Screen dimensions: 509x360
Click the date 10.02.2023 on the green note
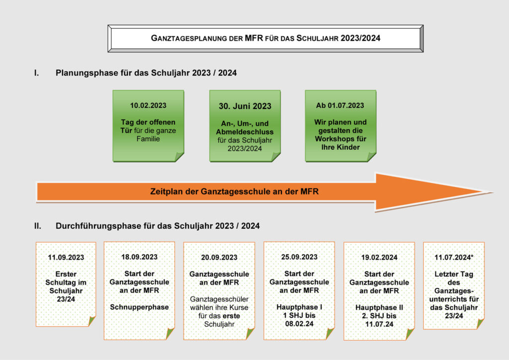[x=148, y=105]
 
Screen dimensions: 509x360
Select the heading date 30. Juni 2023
[x=245, y=106]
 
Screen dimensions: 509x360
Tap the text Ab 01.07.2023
[x=340, y=105]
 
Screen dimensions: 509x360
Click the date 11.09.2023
[x=66, y=258]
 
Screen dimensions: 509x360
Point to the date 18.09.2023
[x=139, y=257]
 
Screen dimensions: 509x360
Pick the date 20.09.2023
[x=219, y=258]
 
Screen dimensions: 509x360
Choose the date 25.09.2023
[x=299, y=257]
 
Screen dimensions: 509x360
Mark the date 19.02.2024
[x=379, y=258]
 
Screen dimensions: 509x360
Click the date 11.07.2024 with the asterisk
[x=454, y=258]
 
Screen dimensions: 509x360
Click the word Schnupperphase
[x=139, y=307]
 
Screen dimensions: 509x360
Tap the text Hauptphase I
[x=299, y=307]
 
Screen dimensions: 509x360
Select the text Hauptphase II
[x=379, y=307]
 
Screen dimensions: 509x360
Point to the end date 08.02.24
[x=299, y=324]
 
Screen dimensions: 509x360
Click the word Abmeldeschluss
[x=245, y=132]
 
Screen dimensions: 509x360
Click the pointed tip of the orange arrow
[x=493, y=192]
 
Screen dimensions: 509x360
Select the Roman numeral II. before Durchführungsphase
[x=38, y=226]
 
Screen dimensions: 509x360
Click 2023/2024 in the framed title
[x=360, y=38]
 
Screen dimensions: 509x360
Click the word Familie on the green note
[x=148, y=139]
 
